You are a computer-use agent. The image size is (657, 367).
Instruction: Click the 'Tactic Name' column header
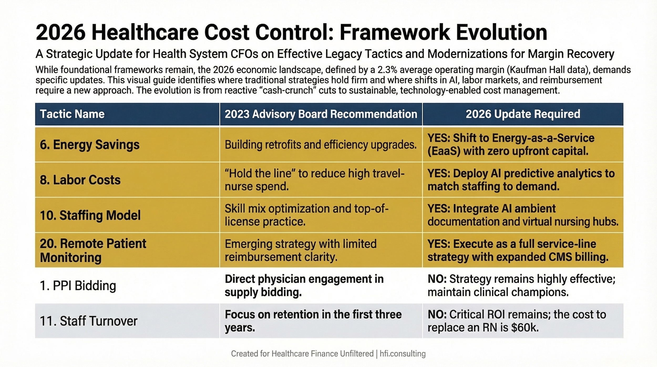tap(72, 114)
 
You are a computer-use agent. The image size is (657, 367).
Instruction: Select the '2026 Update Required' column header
tap(523, 114)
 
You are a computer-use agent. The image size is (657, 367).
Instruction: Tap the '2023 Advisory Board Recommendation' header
tap(321, 114)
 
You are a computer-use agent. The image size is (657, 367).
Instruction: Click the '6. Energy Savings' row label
tap(90, 145)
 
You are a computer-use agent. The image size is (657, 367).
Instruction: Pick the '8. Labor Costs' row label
tap(80, 180)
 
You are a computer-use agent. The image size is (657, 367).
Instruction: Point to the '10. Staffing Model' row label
tap(90, 215)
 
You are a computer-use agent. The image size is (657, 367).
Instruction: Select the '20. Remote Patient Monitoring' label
tap(93, 250)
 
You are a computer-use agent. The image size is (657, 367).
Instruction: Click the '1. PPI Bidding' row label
tap(78, 285)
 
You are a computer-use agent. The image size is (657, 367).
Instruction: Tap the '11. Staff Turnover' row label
tap(89, 321)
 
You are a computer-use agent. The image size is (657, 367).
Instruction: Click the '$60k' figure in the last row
tap(525, 328)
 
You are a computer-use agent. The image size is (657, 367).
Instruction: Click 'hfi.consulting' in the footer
tap(403, 354)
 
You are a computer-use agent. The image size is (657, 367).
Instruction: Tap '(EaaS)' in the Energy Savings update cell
tap(444, 151)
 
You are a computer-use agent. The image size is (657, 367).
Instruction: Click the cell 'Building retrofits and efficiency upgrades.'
tap(321, 145)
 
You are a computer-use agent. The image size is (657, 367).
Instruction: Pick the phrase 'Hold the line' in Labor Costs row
tap(260, 174)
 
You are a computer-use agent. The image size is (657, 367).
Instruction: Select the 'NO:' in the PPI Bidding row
tap(437, 279)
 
